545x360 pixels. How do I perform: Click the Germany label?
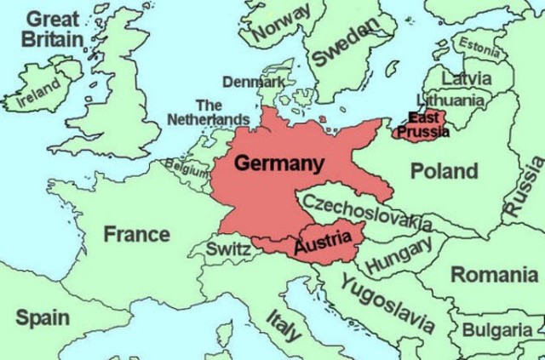tap(278, 163)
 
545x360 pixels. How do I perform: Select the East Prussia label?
tap(422, 124)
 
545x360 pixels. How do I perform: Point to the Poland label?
tap(445, 171)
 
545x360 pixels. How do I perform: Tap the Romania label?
tap(494, 275)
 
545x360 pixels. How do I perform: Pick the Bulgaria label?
tap(498, 329)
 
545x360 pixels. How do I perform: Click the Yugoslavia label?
tap(387, 303)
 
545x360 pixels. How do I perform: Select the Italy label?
tap(284, 325)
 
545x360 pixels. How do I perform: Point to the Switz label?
tap(229, 249)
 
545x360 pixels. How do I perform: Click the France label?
tap(136, 233)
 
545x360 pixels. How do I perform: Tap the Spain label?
tap(43, 317)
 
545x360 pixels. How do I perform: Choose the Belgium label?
tap(186, 168)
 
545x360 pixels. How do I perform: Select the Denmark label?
tap(254, 82)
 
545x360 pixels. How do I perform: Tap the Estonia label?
tap(479, 48)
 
